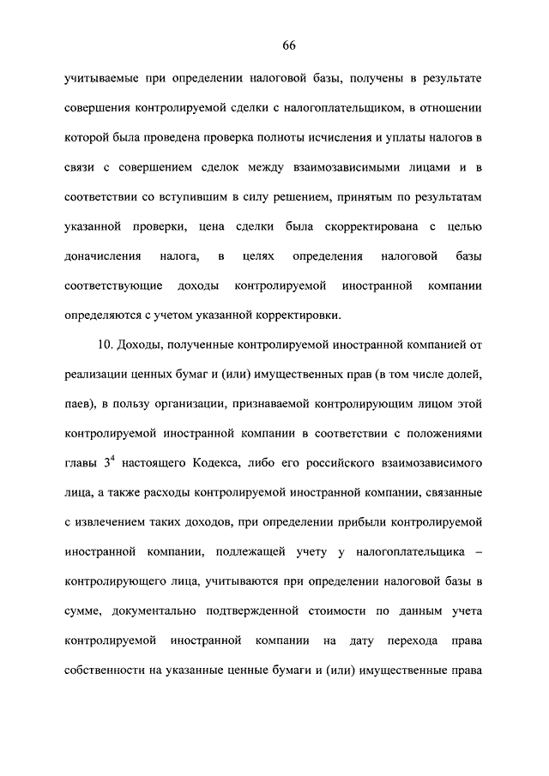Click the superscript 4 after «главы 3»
(112, 459)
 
